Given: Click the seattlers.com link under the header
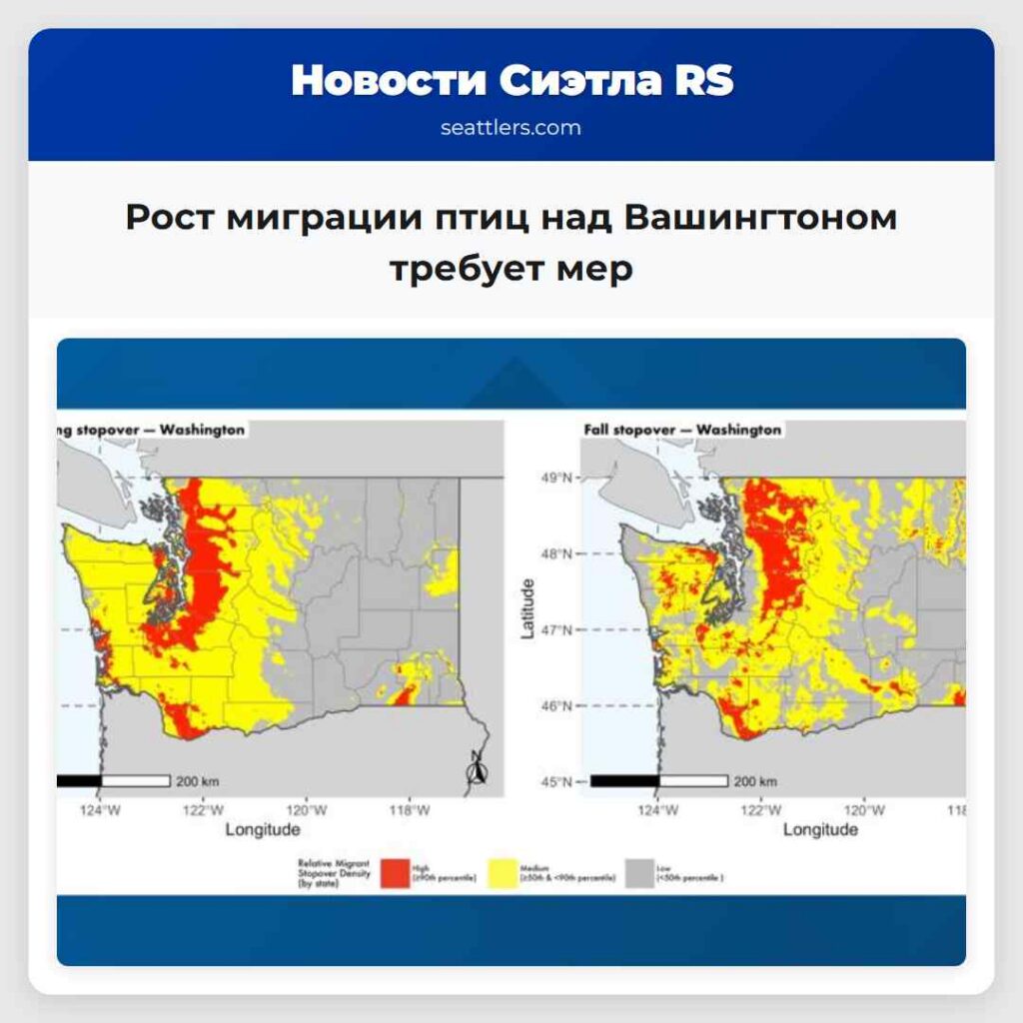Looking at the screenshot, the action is click(x=511, y=128).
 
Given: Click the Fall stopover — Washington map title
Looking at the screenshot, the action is click(x=681, y=430).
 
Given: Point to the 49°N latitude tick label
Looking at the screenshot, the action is click(x=557, y=478).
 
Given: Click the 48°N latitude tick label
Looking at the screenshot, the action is click(x=557, y=553).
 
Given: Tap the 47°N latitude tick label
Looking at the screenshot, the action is click(x=557, y=630).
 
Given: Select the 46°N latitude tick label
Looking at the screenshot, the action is click(x=557, y=705).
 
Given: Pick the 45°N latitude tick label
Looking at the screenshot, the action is click(x=557, y=781).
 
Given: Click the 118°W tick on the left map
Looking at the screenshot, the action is click(x=410, y=810).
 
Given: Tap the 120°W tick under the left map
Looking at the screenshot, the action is click(x=307, y=810).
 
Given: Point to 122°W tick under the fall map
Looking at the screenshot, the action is click(x=760, y=810).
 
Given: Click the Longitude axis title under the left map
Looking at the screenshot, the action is click(x=262, y=829).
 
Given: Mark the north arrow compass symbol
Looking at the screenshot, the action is click(x=478, y=768).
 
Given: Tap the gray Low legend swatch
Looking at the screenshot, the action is click(x=639, y=872).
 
